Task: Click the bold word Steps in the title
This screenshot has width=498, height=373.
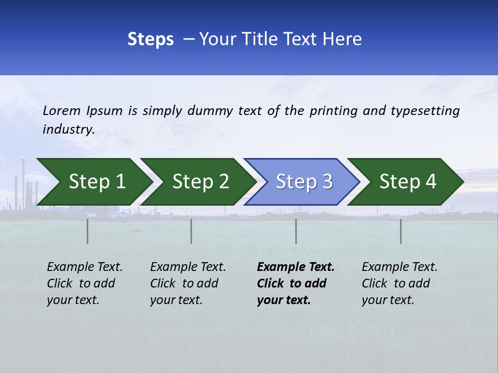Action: (150, 39)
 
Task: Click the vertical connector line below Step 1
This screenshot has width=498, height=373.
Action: (88, 231)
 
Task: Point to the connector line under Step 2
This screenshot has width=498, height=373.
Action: (191, 231)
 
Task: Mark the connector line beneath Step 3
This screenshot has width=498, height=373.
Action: (296, 231)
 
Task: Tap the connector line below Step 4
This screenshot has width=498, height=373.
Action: (400, 231)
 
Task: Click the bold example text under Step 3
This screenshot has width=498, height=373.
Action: (295, 283)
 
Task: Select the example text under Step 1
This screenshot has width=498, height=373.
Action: (85, 283)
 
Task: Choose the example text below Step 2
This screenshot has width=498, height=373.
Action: (188, 283)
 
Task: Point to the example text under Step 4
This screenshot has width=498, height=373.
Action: (399, 283)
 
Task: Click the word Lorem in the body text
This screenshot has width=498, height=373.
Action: (62, 110)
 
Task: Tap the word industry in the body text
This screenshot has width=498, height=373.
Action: (68, 130)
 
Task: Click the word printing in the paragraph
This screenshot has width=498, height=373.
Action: (333, 111)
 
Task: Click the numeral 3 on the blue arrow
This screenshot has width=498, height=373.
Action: (327, 182)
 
